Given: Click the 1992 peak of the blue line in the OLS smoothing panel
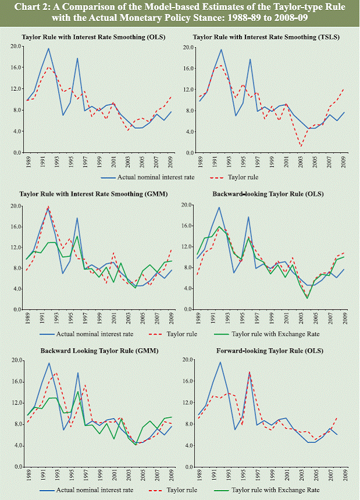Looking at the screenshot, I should pos(48,48).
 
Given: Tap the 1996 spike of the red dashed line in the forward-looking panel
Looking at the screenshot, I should pos(249,371).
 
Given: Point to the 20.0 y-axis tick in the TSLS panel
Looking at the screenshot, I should pos(187,46).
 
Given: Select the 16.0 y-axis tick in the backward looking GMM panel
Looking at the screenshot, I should pos(16,382).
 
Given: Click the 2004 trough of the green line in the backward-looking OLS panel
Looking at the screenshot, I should pos(306,298).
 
